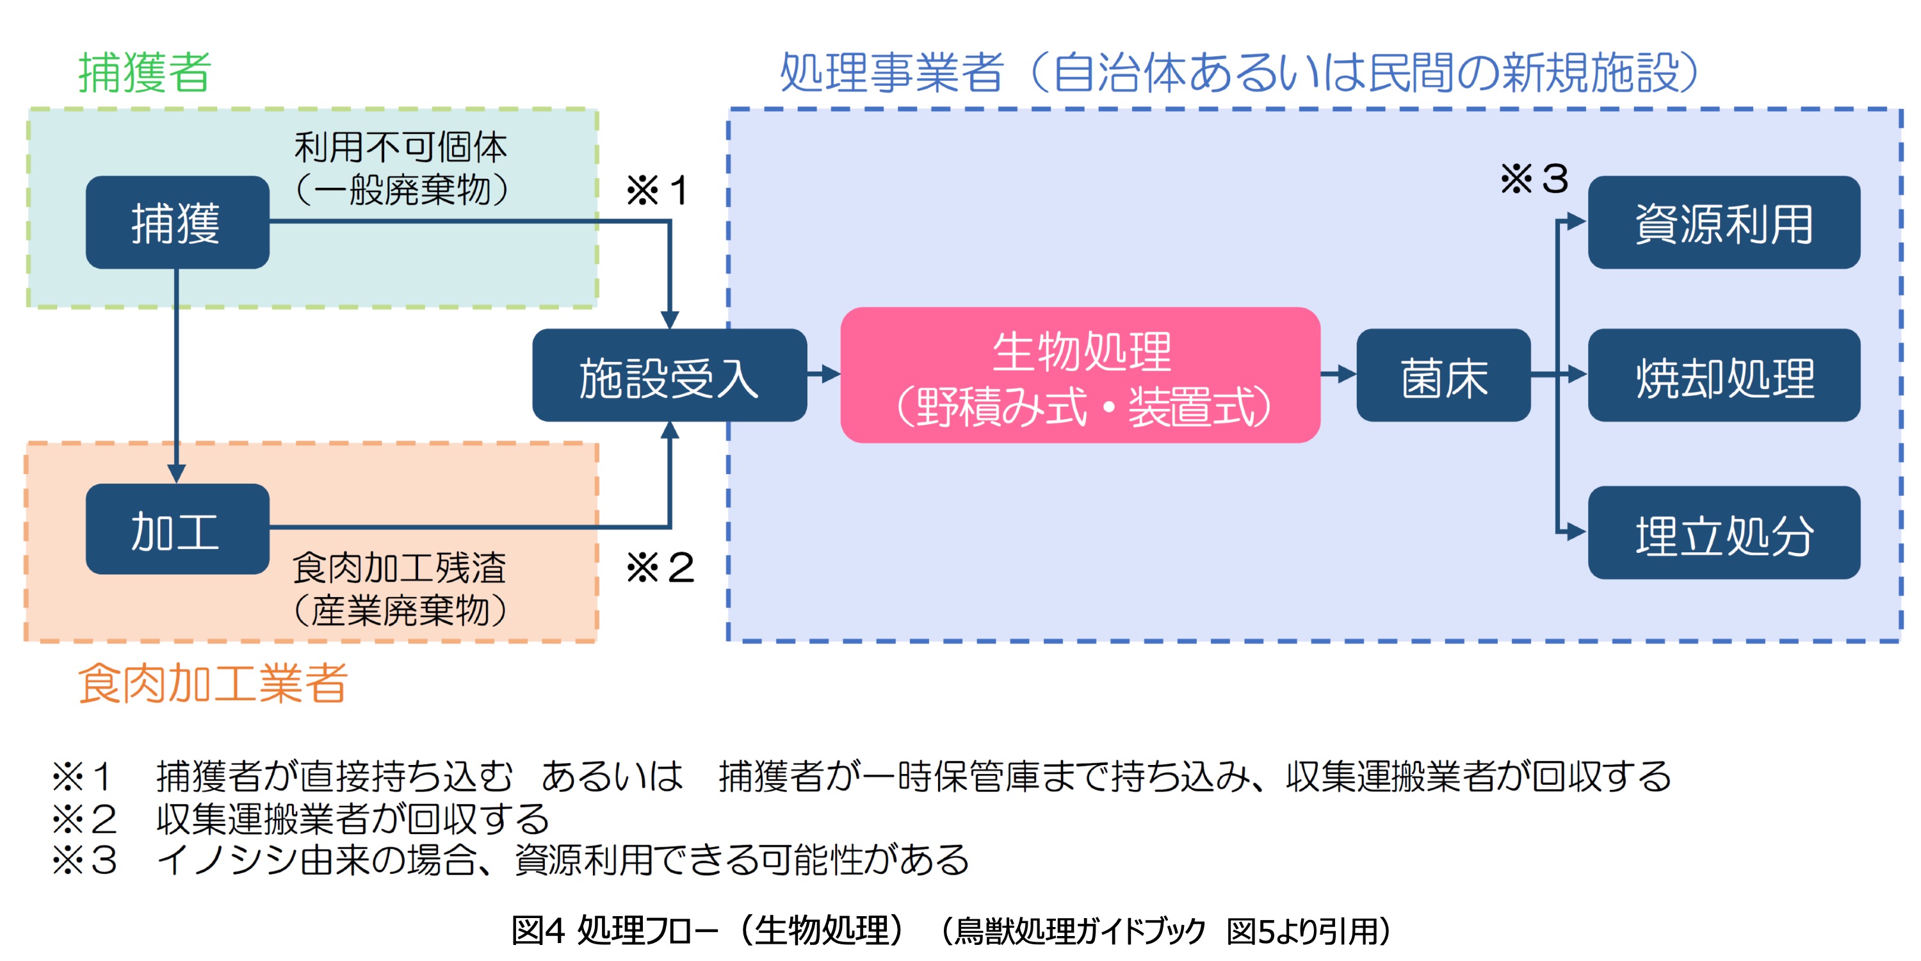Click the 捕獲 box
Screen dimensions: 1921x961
pos(177,222)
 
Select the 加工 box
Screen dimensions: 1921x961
pos(177,529)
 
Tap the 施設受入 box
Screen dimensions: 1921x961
pos(670,375)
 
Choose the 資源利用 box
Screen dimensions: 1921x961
pos(1724,222)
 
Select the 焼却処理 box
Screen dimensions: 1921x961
pos(1724,375)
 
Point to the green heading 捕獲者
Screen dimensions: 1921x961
pos(145,73)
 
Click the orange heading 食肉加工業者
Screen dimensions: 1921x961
pos(213,684)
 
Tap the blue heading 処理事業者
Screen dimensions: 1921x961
pos(892,73)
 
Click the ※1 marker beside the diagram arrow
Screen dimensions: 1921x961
pos(657,190)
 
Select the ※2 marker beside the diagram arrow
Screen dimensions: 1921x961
pos(660,568)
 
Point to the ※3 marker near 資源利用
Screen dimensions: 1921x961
pos(1534,179)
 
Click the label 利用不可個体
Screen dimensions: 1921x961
pos(400,147)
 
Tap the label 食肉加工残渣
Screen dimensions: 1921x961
pos(399,568)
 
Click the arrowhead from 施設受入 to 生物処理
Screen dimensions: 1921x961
pos(831,374)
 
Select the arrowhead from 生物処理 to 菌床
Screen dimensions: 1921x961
pos(1347,374)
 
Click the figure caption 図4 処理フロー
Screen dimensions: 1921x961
pos(615,930)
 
